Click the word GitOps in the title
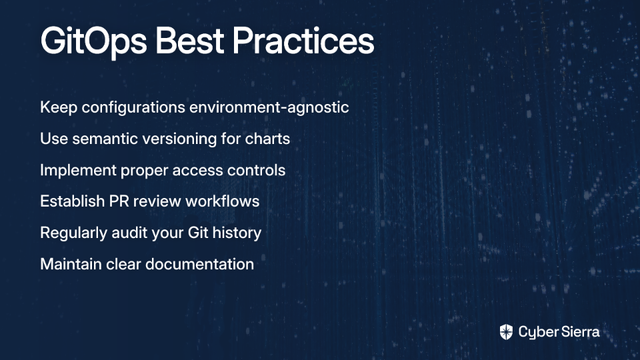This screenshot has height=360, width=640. (x=93, y=42)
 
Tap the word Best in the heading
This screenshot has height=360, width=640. (x=189, y=41)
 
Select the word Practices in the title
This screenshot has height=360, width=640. (x=303, y=41)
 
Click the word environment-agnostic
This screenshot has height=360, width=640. (x=269, y=107)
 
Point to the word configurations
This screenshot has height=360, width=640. (x=133, y=108)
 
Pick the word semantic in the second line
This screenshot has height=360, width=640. (x=105, y=139)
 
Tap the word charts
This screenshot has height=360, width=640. (x=267, y=139)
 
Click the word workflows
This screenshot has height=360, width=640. (x=223, y=201)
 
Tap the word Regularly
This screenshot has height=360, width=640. (x=73, y=233)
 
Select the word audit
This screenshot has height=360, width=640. (x=129, y=233)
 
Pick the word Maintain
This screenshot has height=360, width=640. (x=71, y=264)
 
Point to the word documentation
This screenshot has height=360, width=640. (x=199, y=264)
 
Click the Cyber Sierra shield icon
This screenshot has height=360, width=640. (x=506, y=332)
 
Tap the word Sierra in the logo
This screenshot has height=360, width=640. (x=579, y=331)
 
